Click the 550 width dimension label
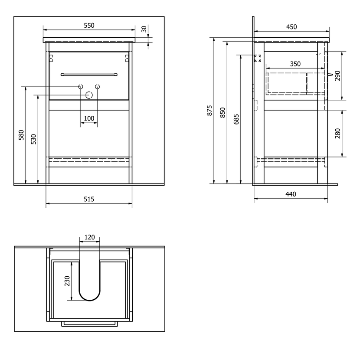pos(89,26)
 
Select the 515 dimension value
pos(89,199)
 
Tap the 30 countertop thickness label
pos(144,29)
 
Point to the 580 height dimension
pos(21,135)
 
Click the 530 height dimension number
pos(33,139)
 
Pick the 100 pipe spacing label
pos(89,118)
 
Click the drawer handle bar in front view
pos(89,75)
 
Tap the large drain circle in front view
pos(89,95)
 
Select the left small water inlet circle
pos(81,87)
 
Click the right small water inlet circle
pos(98,87)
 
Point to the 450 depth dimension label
pos(291,27)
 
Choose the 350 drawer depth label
pos(295,64)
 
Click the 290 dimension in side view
pos(337,76)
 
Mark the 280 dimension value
pos(337,134)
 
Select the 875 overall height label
pos(209,111)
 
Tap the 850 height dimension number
pos(223,112)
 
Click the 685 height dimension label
pos(236,119)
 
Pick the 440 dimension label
pos(291,194)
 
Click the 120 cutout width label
pos(89,237)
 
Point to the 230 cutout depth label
pos(67,281)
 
